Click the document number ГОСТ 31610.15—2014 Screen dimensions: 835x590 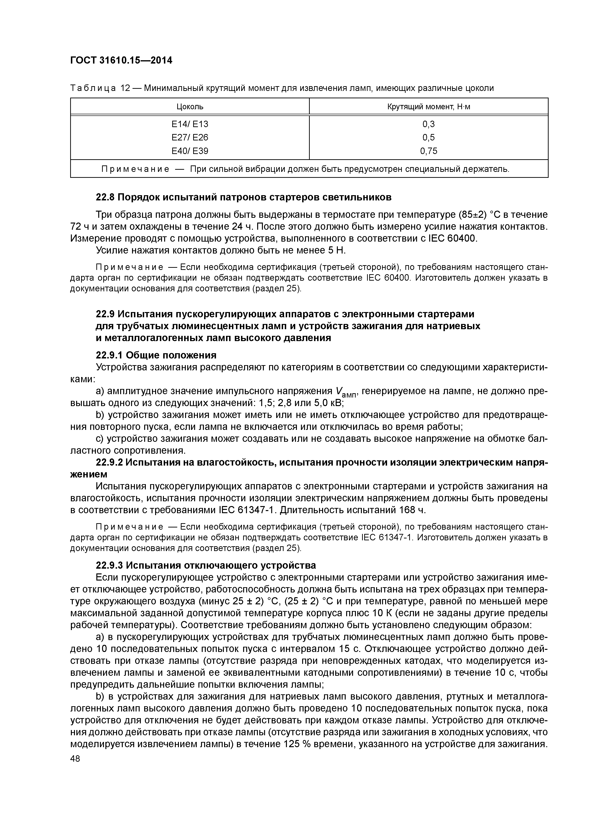click(x=121, y=60)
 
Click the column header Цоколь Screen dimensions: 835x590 click(x=190, y=107)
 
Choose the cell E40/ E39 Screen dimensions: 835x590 click(x=190, y=151)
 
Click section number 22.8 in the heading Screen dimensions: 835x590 click(x=105, y=198)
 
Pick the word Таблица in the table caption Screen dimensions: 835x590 click(x=93, y=88)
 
